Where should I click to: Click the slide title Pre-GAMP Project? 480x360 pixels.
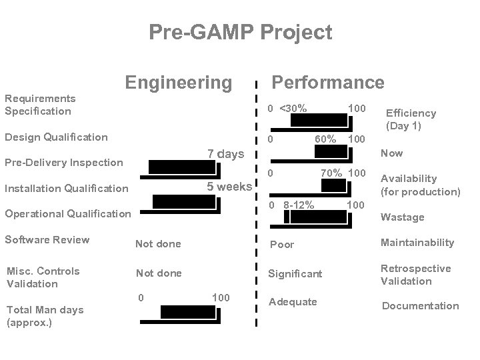tap(240, 31)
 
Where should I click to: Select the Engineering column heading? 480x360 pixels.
tap(178, 82)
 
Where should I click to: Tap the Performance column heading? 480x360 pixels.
tap(327, 82)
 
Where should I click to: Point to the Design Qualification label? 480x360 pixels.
tap(56, 137)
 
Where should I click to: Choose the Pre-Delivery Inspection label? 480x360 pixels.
tap(64, 162)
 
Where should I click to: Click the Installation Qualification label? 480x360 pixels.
tap(67, 188)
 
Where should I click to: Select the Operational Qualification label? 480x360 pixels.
tap(68, 213)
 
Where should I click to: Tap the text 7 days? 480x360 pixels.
tap(225, 155)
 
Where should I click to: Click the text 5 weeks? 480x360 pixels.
tap(229, 186)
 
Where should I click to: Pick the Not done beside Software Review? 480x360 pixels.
tap(158, 244)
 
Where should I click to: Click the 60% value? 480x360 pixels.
tap(325, 139)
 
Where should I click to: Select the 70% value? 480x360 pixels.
tap(331, 173)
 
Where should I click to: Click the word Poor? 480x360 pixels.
tap(281, 245)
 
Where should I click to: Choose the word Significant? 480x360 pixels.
tap(295, 274)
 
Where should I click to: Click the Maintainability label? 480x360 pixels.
tap(417, 243)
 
